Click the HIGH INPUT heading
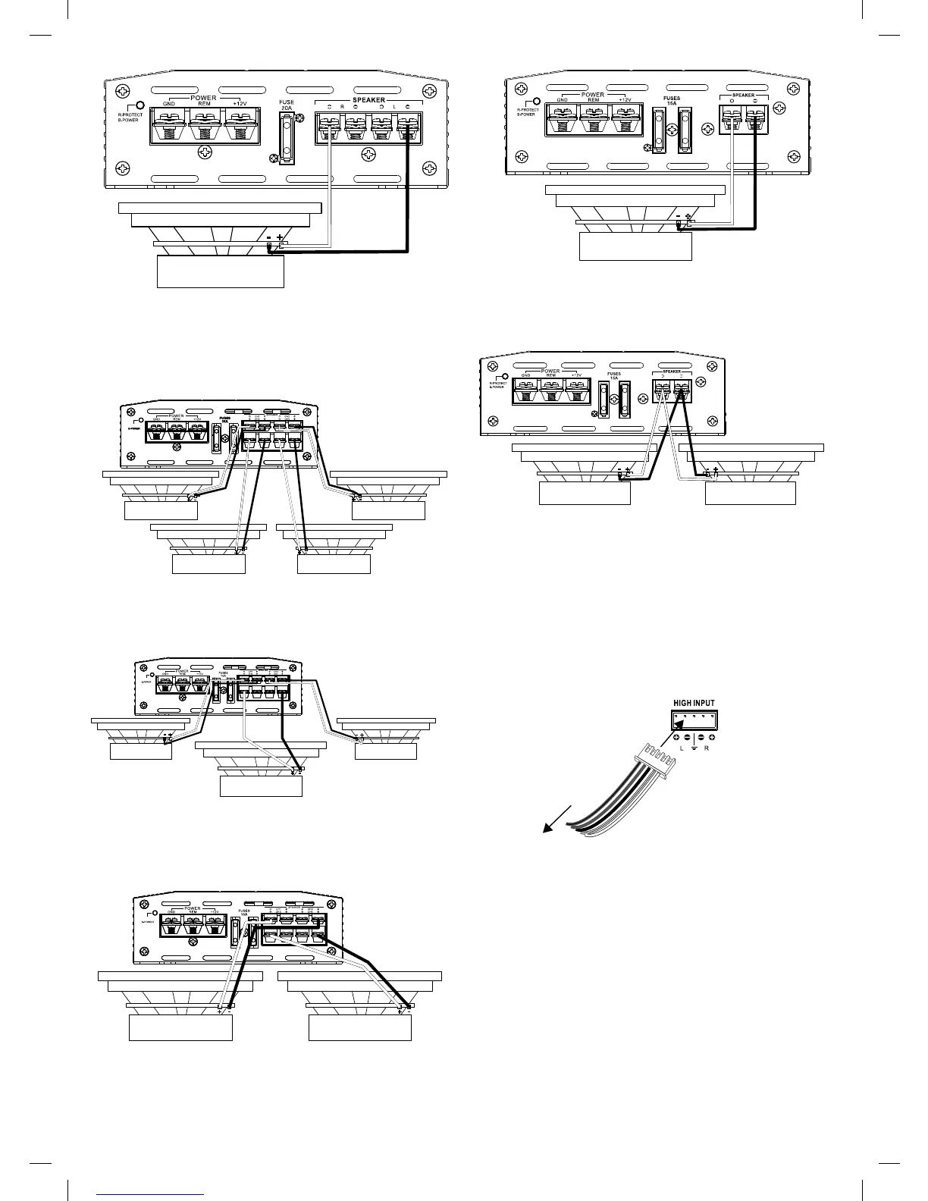[694, 702]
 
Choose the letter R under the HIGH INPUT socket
[707, 748]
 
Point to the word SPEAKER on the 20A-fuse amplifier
[368, 99]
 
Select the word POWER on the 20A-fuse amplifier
[204, 98]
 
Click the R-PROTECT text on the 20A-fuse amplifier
[125, 115]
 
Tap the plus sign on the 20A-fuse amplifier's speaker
[281, 237]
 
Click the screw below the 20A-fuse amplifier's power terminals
[204, 154]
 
